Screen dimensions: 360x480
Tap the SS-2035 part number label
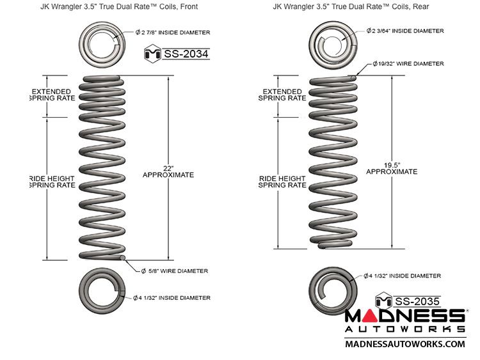(416, 301)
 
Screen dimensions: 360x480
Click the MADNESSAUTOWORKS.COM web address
(404, 344)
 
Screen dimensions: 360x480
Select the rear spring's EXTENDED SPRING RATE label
(282, 95)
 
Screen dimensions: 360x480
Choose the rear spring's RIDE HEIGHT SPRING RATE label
(282, 182)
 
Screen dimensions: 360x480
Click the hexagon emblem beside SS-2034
(153, 54)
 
